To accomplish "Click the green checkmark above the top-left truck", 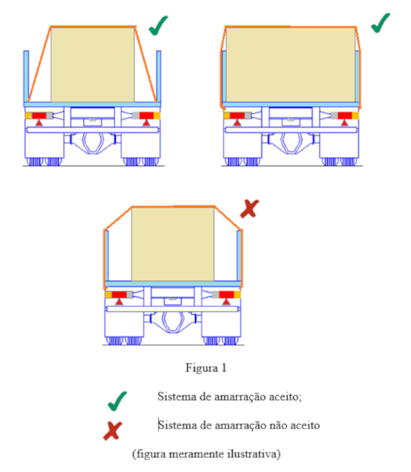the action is pos(158,26).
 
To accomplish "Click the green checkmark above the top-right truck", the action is pos(380,23).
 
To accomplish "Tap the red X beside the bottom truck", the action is pos(249,209).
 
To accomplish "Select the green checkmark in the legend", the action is pos(117,401).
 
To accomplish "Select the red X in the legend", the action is pos(113,431).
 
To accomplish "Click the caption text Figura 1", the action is pos(206,368).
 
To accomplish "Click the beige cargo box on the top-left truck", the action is pos(92,65).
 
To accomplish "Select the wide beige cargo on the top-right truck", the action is pos(290,65).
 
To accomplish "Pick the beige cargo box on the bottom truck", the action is pos(173,244).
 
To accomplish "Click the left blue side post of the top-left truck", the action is pos(26,77).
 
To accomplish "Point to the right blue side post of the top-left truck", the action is pos(158,77).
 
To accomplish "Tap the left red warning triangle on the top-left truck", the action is pos(39,123).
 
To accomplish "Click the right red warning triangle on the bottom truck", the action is pos(226,302).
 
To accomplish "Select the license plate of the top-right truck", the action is pos(291,121).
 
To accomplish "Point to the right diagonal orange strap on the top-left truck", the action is pos(146,64).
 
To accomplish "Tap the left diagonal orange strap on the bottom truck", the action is pos(118,218).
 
